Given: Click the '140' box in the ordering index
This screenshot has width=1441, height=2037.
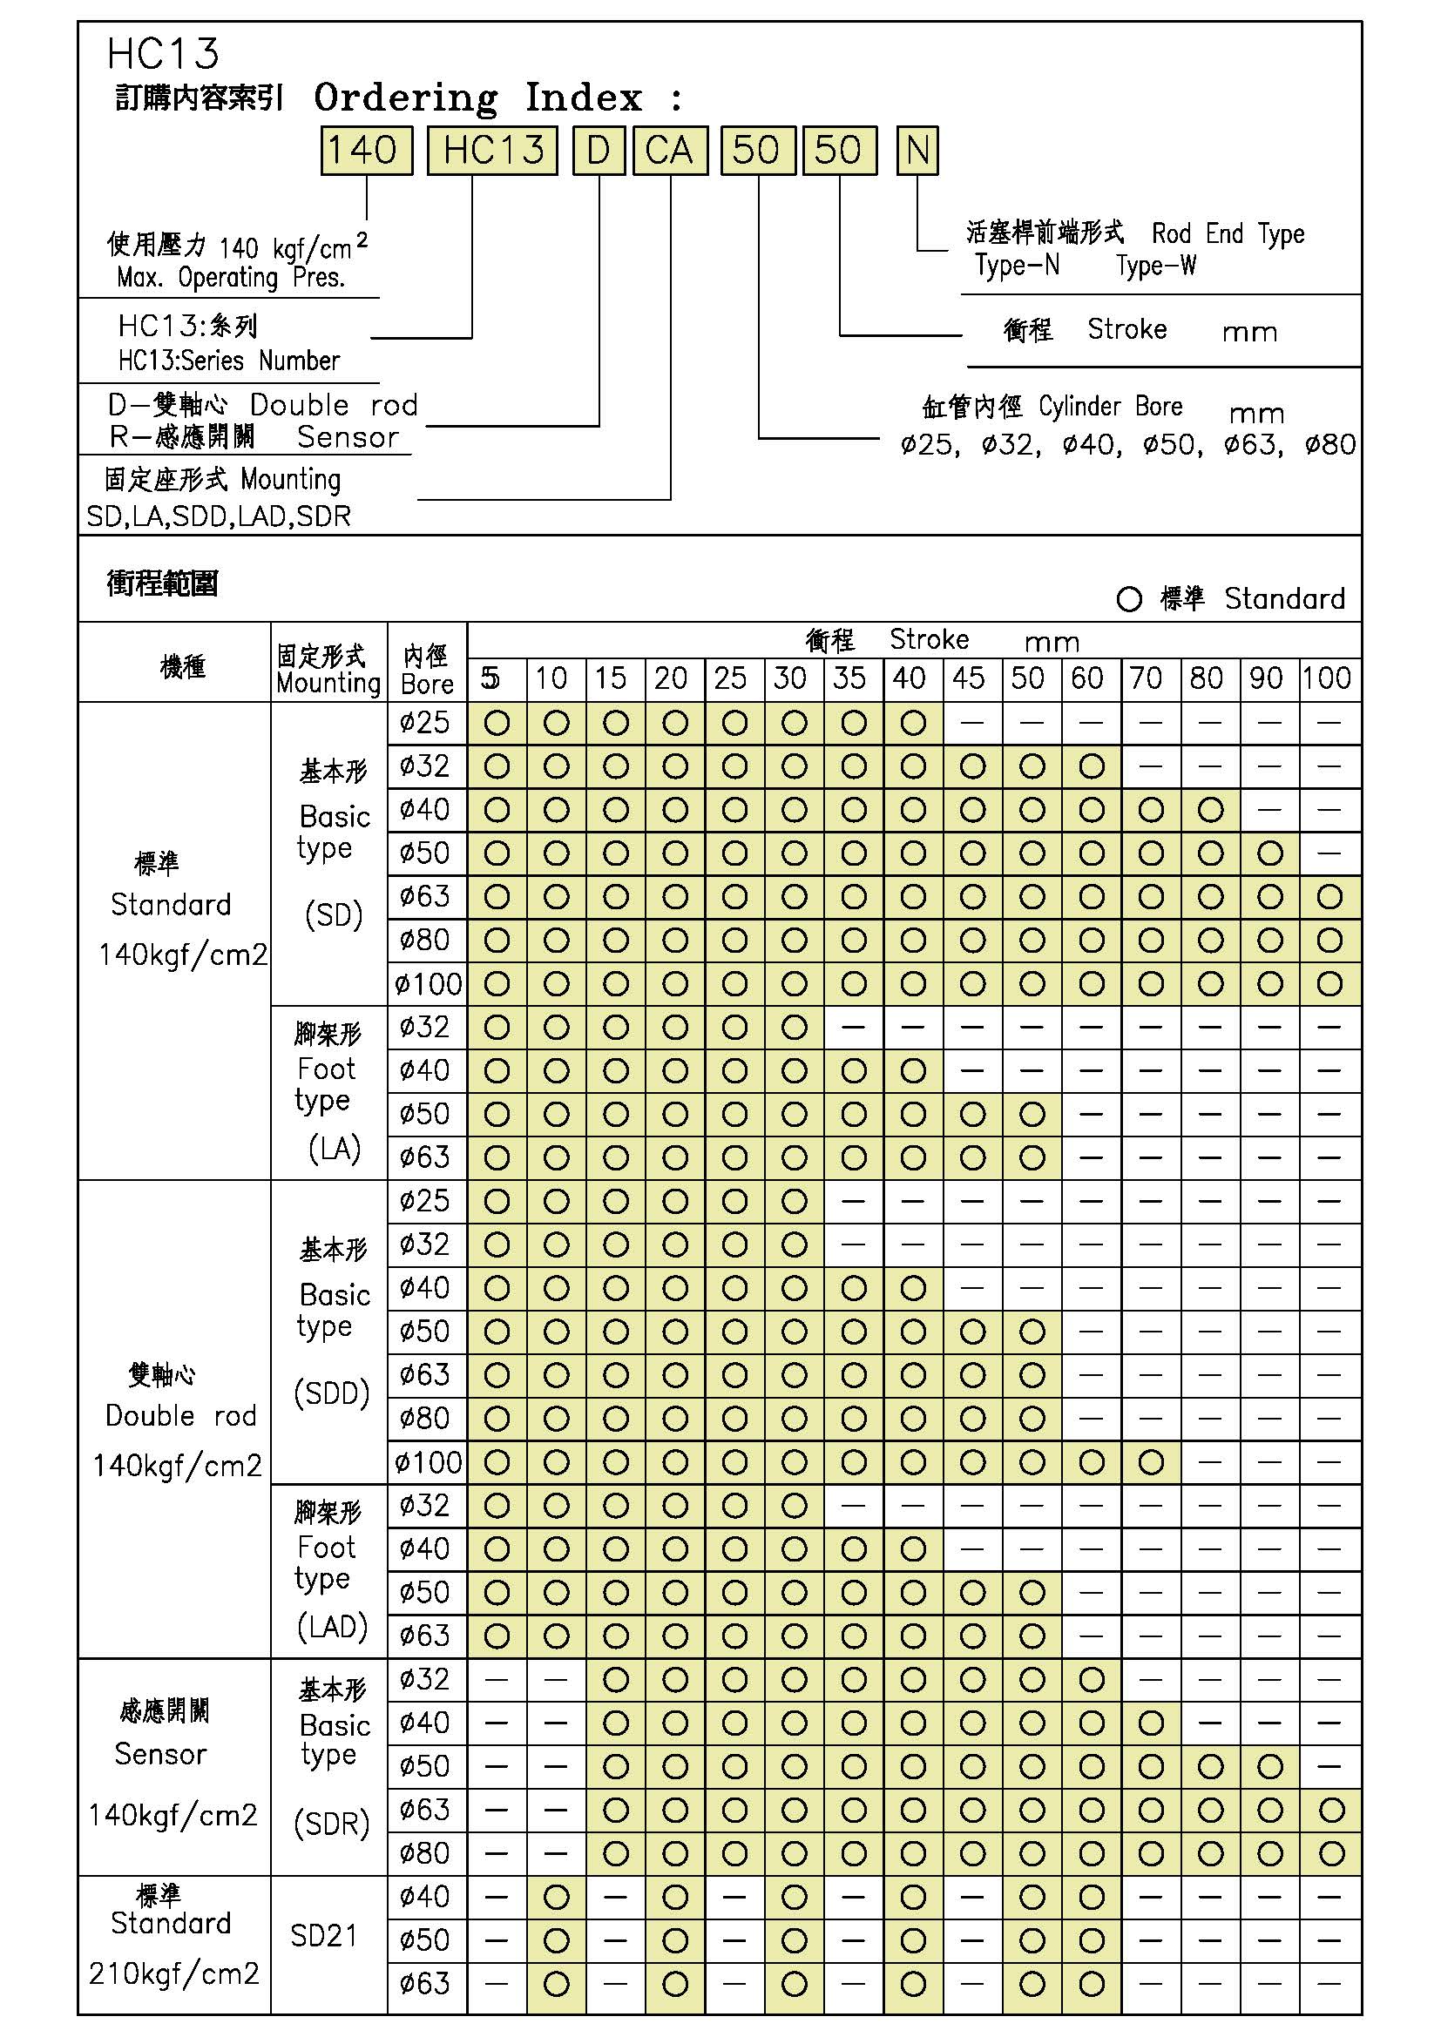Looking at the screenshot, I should click(x=366, y=150).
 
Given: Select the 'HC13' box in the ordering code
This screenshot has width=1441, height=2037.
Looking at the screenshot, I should click(x=492, y=150).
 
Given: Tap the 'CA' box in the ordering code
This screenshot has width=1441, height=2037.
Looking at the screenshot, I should click(x=669, y=150).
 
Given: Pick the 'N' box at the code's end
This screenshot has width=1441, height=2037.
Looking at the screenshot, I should click(x=917, y=150).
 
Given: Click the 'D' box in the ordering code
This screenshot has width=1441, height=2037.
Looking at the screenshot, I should click(x=599, y=150).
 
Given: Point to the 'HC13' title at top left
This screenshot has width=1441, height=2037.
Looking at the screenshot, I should click(x=162, y=54).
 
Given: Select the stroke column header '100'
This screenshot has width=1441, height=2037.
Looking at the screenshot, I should click(x=1328, y=678).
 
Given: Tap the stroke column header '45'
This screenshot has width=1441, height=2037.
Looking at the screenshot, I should click(x=968, y=678).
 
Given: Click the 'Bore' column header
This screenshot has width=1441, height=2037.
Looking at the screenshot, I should click(x=427, y=684).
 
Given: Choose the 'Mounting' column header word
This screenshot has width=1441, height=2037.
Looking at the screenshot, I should click(x=328, y=683).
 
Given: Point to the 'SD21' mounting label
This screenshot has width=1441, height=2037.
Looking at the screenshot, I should click(x=324, y=1936).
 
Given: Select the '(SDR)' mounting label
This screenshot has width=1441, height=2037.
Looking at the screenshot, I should click(x=332, y=1825).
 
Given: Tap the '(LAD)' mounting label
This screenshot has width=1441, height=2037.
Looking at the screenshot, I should click(x=332, y=1627).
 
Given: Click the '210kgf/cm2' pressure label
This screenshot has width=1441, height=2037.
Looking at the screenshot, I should click(x=174, y=1973).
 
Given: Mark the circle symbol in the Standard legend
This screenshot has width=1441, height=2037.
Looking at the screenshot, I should click(x=1128, y=600).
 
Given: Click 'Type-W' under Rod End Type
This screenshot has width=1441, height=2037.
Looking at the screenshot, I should click(x=1156, y=266).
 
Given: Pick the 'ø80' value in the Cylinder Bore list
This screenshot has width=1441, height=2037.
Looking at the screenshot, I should click(x=1330, y=444).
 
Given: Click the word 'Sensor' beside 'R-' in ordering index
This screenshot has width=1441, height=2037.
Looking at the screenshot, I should click(x=348, y=437).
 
